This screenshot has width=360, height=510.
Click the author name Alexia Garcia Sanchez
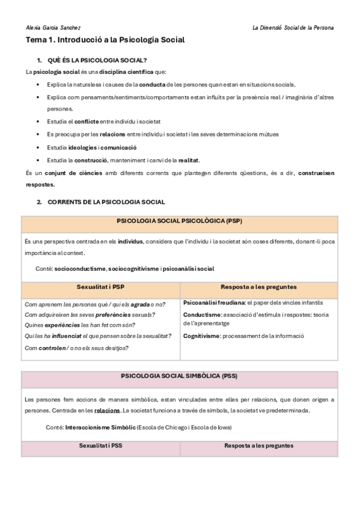(53, 28)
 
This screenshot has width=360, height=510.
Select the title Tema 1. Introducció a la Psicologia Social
(105, 40)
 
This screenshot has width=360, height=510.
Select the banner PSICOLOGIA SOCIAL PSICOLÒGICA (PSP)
(180, 221)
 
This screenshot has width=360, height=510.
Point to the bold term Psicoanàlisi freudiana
(213, 303)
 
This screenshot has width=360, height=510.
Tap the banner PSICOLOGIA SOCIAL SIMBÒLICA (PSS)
(180, 377)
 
